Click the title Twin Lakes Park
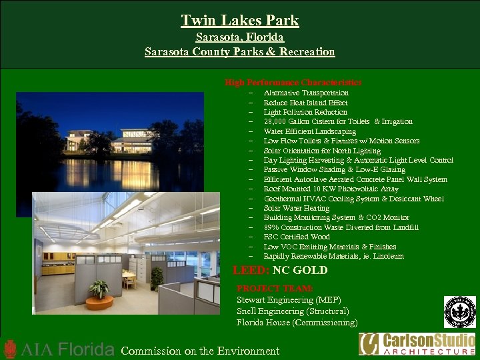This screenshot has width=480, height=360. click(240, 21)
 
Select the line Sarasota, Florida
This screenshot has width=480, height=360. click(240, 37)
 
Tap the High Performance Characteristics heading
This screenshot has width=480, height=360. click(293, 82)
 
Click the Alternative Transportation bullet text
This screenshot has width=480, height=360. click(306, 93)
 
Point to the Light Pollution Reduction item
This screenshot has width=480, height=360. click(305, 112)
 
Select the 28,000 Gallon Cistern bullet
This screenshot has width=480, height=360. click(338, 121)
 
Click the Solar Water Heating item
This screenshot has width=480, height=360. click(296, 208)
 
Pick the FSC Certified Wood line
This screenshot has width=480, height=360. click(297, 237)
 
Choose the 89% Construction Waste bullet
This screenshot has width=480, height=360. click(341, 227)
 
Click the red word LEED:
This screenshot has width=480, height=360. click(251, 271)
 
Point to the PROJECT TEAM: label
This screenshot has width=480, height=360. click(275, 289)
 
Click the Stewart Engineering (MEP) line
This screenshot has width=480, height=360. click(289, 300)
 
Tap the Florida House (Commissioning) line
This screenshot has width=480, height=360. click(297, 323)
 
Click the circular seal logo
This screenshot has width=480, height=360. click(460, 312)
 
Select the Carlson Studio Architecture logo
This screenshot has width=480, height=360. click(417, 344)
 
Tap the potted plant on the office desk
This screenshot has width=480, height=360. click(99, 289)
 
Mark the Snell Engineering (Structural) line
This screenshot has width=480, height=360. click(293, 311)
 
